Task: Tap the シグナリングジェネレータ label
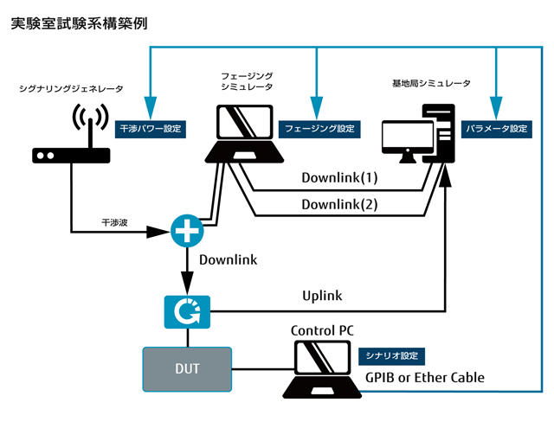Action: (71, 88)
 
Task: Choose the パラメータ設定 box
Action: (496, 129)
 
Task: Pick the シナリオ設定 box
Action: (391, 355)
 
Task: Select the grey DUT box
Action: (187, 369)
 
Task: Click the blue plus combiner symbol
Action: (186, 231)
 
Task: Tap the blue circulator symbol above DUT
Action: (186, 310)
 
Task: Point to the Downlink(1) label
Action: (340, 179)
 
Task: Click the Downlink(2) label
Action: (340, 205)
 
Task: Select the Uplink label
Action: (322, 296)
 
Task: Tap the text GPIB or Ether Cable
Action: (424, 378)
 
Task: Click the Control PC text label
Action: (322, 330)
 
